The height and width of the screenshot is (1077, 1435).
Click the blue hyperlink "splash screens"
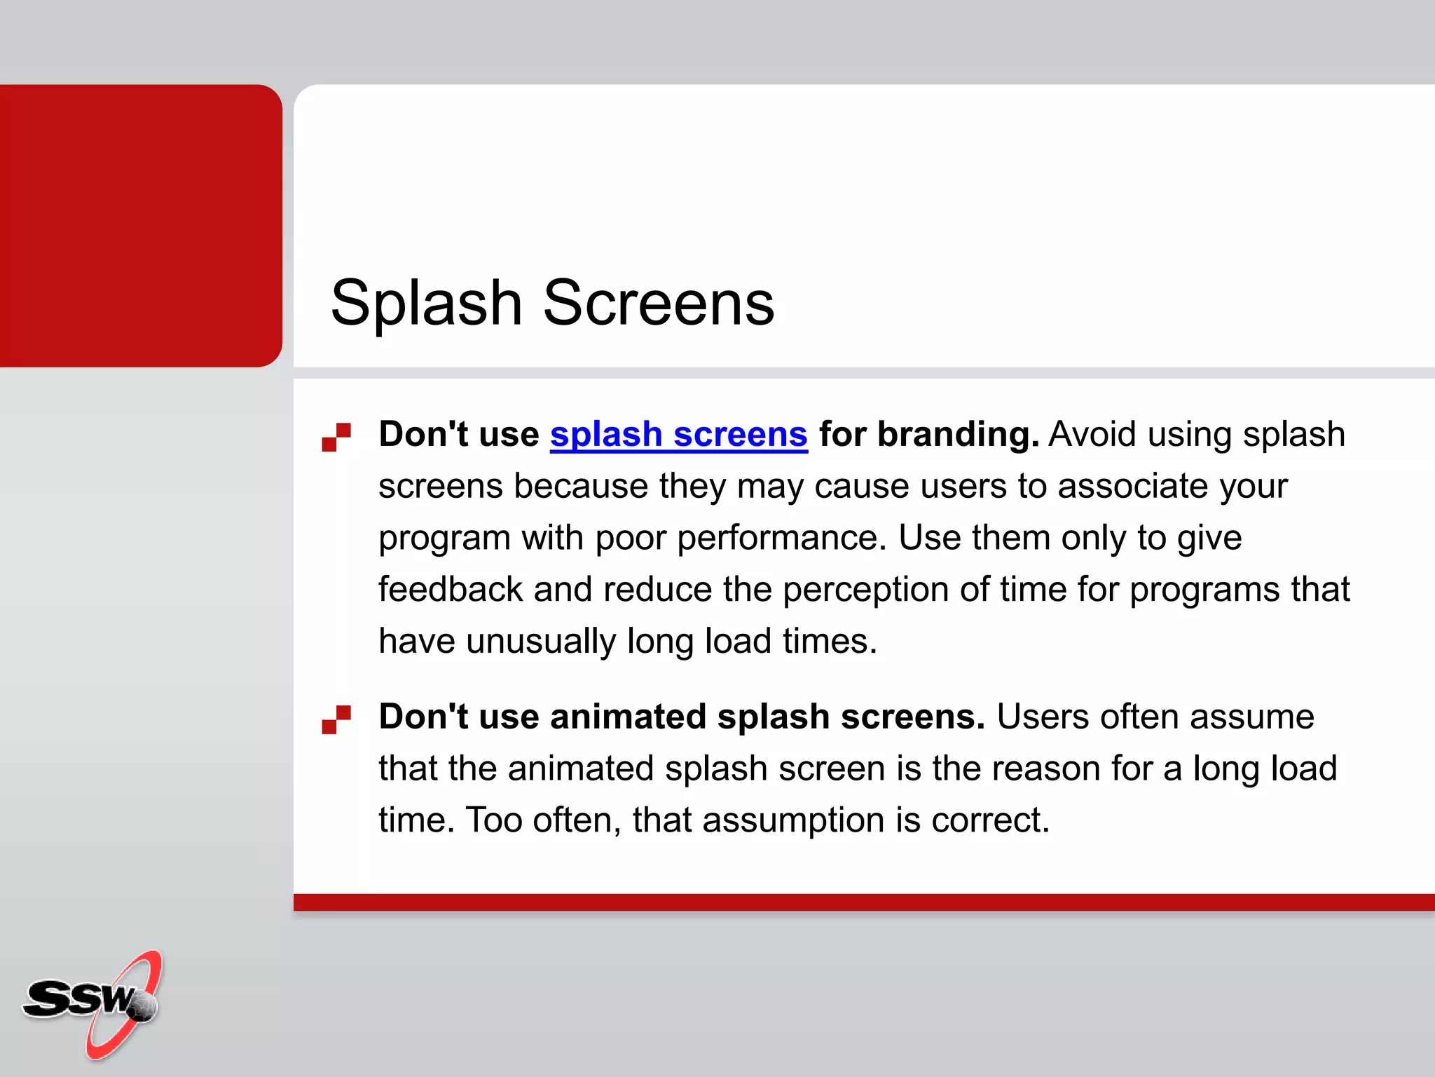(x=678, y=435)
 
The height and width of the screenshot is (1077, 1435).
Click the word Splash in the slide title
(x=426, y=303)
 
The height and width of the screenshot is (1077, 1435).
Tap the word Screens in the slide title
(x=659, y=303)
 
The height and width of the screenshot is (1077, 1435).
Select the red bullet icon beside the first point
(x=336, y=437)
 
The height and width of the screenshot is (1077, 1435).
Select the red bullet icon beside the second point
(x=336, y=719)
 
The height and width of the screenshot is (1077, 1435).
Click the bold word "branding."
(x=928, y=435)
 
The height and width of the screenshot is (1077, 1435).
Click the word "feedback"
(x=451, y=590)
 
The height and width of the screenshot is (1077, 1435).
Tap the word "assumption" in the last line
(x=793, y=820)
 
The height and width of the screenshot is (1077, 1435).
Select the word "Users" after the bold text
(x=1043, y=717)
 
